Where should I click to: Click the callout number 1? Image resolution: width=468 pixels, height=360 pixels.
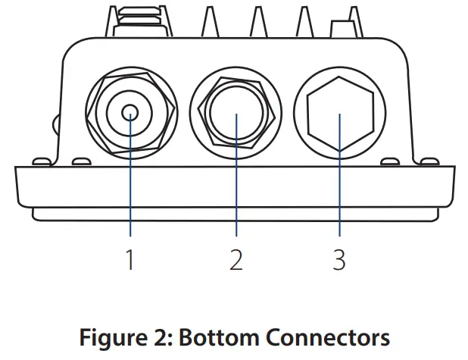pyautogui.click(x=131, y=259)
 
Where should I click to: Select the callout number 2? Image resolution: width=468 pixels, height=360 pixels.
pyautogui.click(x=236, y=259)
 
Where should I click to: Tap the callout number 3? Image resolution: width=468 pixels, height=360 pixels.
pyautogui.click(x=339, y=259)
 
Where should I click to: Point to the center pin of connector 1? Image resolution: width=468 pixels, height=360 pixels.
pyautogui.click(x=131, y=115)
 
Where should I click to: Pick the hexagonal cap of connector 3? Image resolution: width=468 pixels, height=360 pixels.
pyautogui.click(x=339, y=115)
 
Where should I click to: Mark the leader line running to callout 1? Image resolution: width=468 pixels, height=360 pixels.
pyautogui.click(x=131, y=189)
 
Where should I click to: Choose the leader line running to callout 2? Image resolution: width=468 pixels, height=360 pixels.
pyautogui.click(x=236, y=189)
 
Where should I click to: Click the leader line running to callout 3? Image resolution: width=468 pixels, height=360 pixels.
pyautogui.click(x=339, y=189)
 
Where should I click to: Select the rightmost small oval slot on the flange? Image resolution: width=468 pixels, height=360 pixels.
pyautogui.click(x=428, y=161)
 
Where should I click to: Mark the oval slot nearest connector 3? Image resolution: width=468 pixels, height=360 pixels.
pyautogui.click(x=391, y=161)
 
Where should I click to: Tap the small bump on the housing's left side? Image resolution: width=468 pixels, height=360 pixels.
pyautogui.click(x=54, y=121)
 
